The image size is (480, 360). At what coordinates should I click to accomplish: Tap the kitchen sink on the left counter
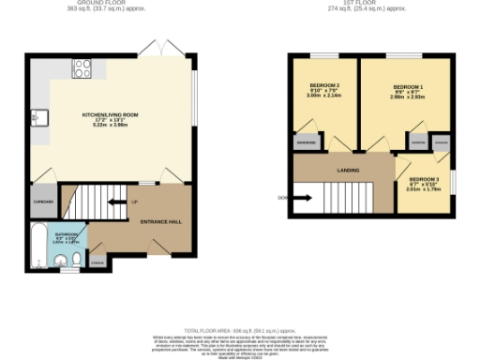tap(37, 117)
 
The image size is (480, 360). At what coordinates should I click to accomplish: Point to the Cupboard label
tap(43, 202)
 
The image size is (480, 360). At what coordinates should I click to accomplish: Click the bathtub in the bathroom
tap(37, 247)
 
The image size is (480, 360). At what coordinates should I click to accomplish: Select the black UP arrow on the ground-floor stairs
tap(117, 202)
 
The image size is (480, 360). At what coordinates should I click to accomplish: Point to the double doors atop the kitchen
tap(154, 48)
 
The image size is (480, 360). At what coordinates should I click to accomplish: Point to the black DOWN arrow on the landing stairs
tap(302, 198)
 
